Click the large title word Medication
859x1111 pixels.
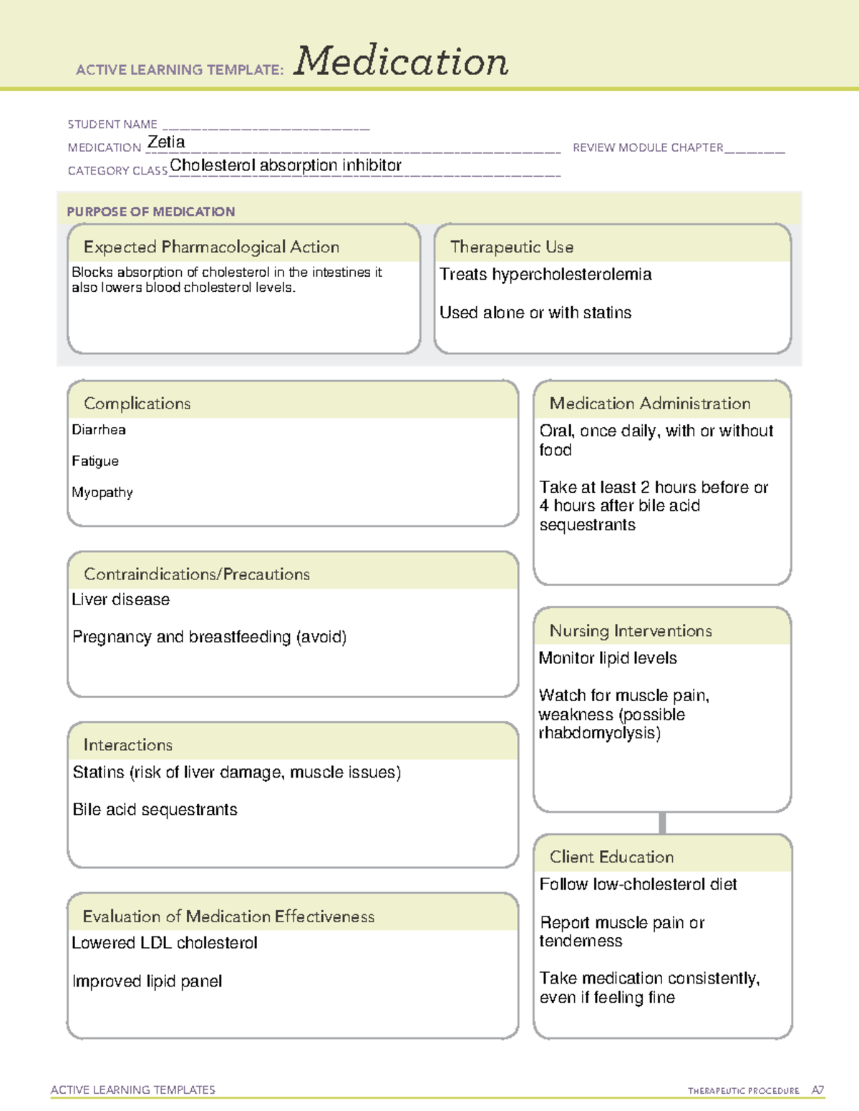click(401, 62)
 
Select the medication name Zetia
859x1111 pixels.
click(166, 142)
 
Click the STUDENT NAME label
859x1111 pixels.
click(112, 124)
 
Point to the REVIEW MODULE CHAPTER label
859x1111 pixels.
click(648, 147)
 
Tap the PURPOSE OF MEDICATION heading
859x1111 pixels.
click(151, 212)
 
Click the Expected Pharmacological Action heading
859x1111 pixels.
click(211, 247)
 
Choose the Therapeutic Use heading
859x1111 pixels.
click(512, 247)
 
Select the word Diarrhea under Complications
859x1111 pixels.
click(99, 430)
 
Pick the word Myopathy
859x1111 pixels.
click(102, 493)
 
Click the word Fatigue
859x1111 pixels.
click(95, 461)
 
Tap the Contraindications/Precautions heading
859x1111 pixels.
click(197, 574)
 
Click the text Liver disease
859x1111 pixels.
click(121, 599)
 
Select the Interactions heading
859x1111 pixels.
click(128, 745)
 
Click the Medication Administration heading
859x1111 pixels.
click(650, 403)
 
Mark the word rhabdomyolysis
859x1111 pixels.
click(597, 733)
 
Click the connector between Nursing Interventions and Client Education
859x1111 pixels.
click(662, 823)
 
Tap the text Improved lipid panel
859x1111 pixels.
click(147, 982)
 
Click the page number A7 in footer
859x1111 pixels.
click(817, 1090)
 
